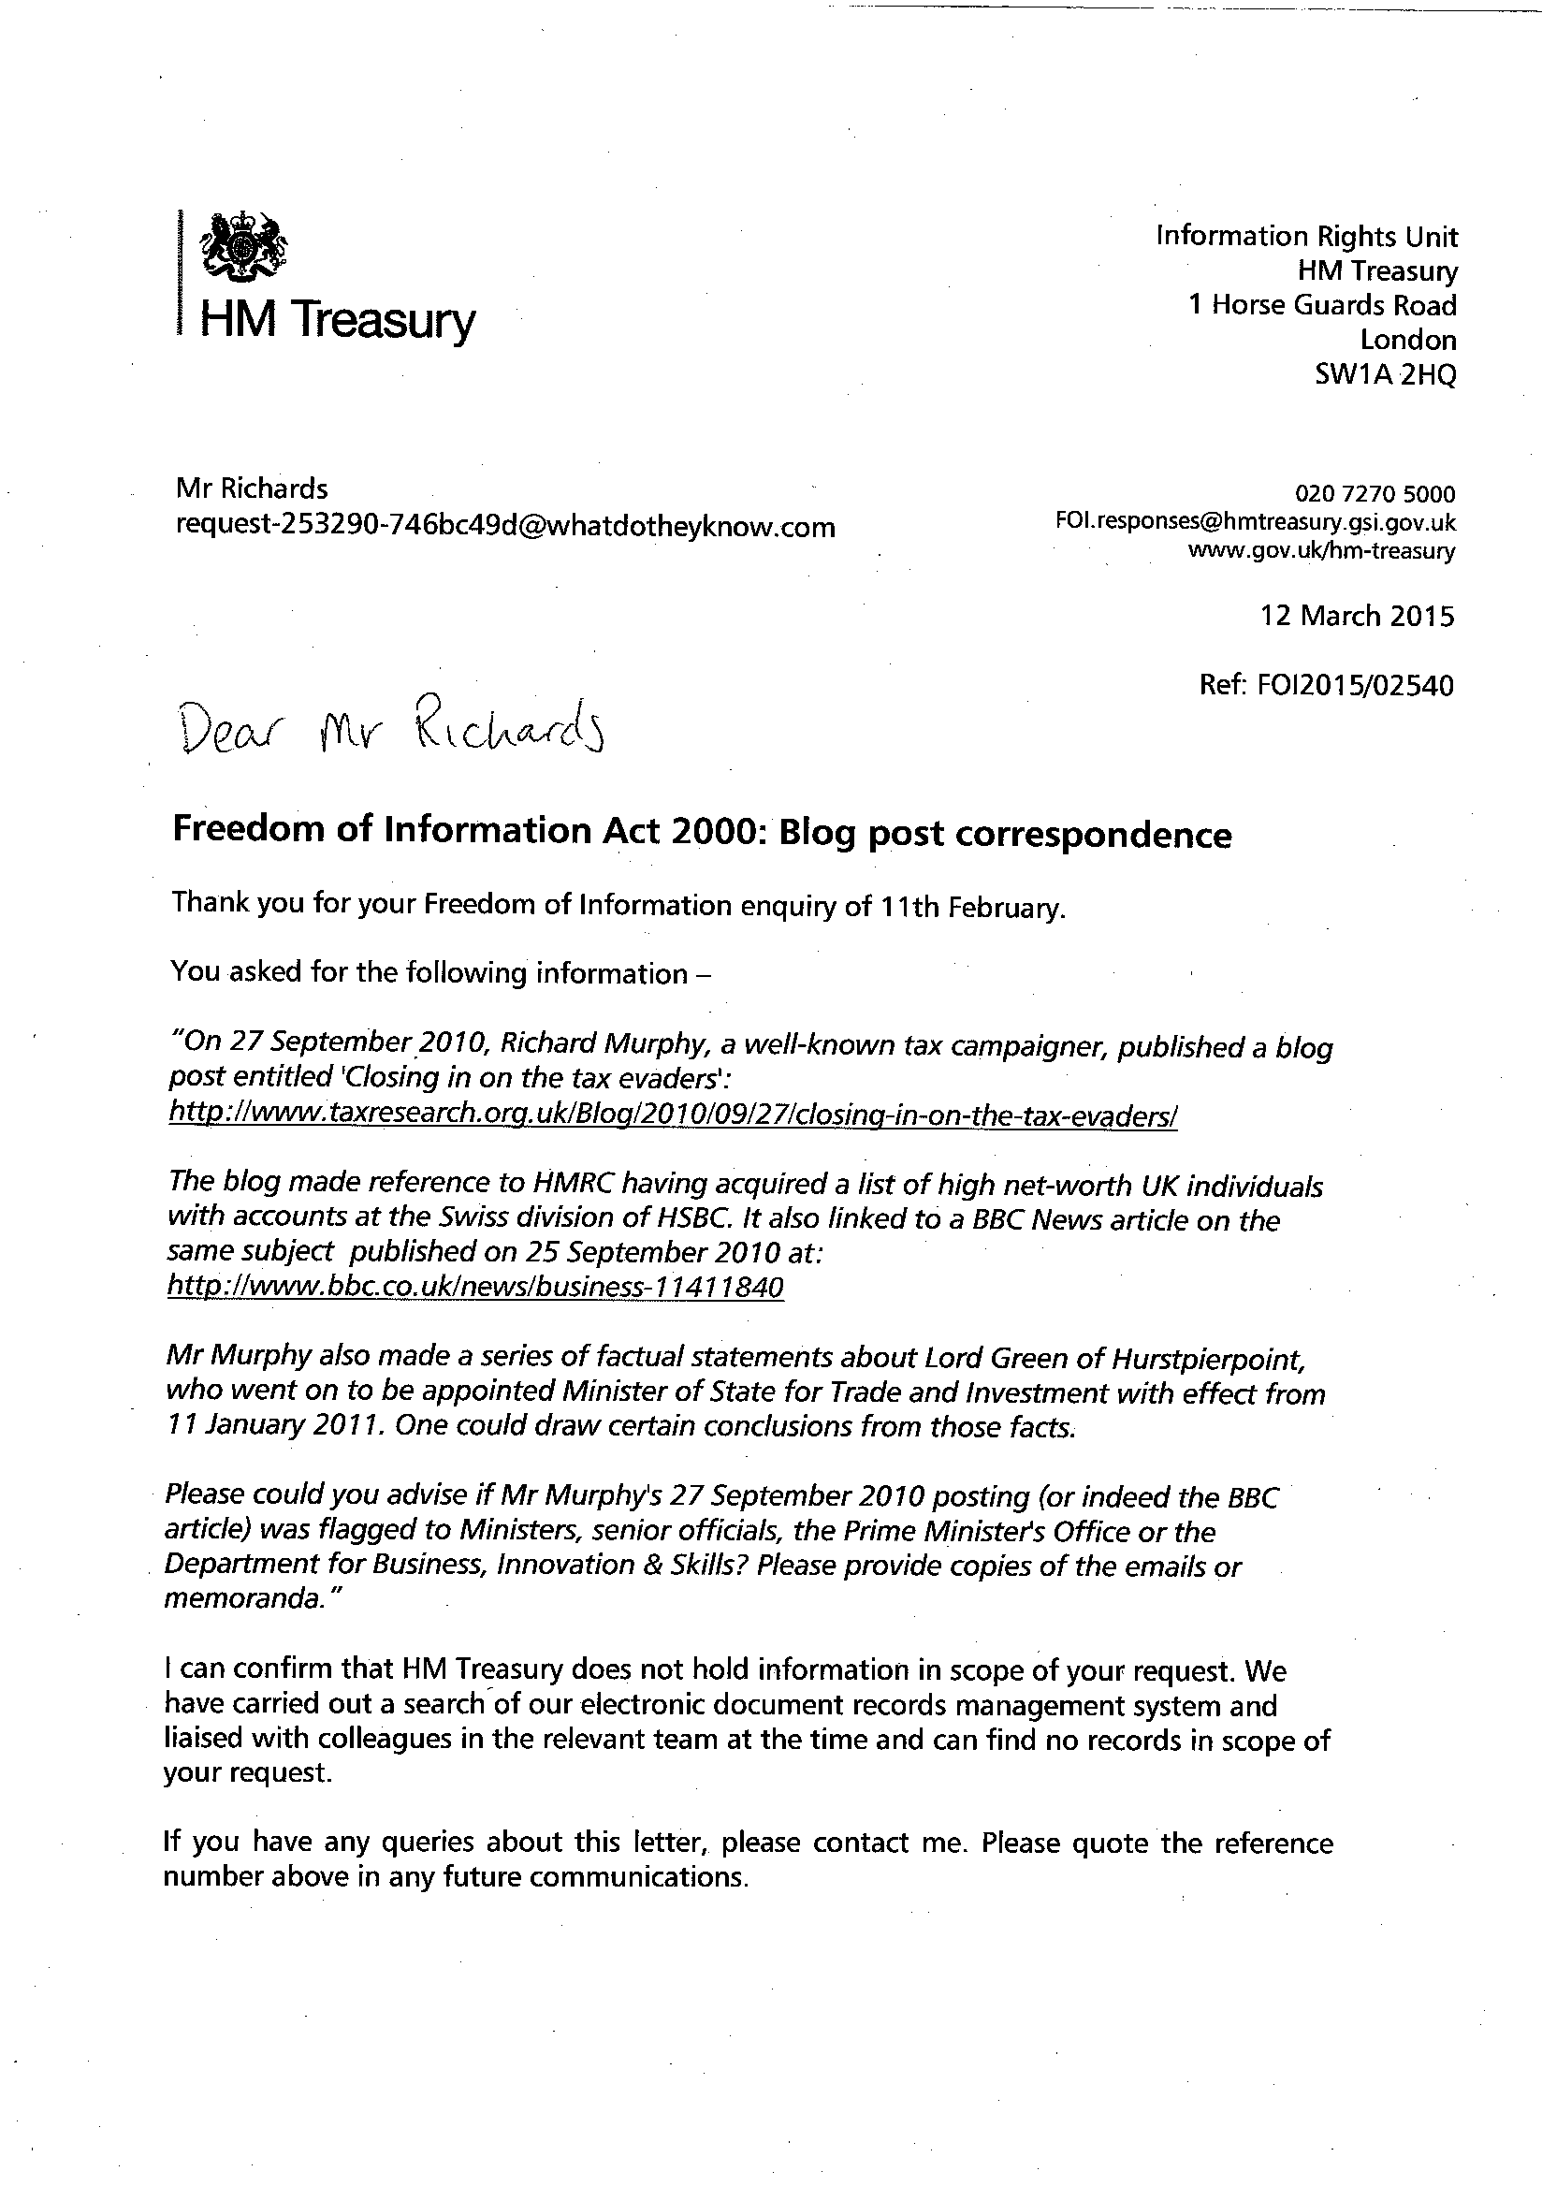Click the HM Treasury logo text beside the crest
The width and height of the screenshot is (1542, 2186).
pyautogui.click(x=336, y=320)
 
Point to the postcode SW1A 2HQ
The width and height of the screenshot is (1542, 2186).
pyautogui.click(x=1385, y=375)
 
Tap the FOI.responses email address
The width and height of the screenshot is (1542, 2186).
pyautogui.click(x=1256, y=523)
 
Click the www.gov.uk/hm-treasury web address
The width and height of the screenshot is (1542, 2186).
pyautogui.click(x=1321, y=550)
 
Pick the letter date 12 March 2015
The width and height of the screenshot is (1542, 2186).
pyautogui.click(x=1358, y=616)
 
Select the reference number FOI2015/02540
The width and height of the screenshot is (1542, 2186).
pyautogui.click(x=1328, y=686)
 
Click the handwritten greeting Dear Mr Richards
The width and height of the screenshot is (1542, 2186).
pyautogui.click(x=392, y=731)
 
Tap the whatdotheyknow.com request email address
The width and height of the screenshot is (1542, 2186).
pyautogui.click(x=505, y=527)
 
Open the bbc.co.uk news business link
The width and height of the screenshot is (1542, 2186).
pyautogui.click(x=475, y=1288)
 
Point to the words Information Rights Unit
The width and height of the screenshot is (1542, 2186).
pyautogui.click(x=1307, y=235)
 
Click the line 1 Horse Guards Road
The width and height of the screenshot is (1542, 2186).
pyautogui.click(x=1323, y=306)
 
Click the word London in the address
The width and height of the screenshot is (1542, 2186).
pyautogui.click(x=1408, y=340)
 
